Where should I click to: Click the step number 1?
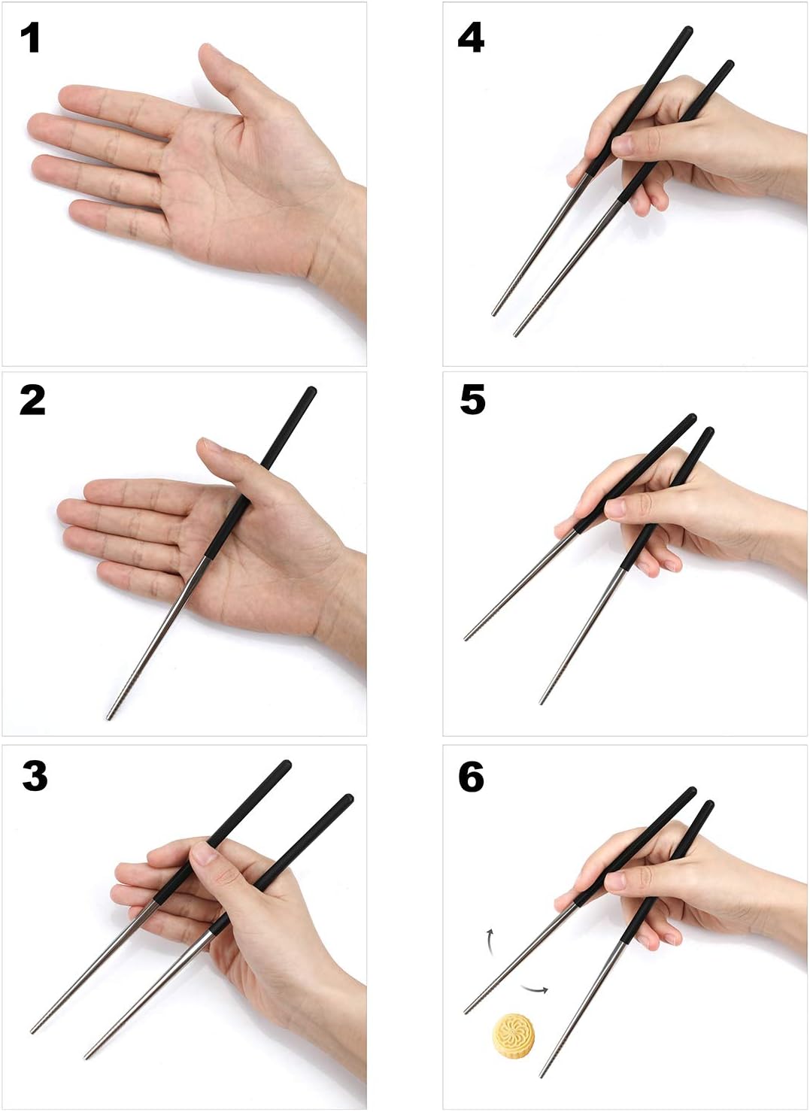coord(31,39)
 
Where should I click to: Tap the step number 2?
coord(32,401)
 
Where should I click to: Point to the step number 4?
coord(471,39)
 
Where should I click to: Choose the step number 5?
coord(472,400)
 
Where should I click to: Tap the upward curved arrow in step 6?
coord(489,941)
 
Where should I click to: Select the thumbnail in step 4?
coord(622,145)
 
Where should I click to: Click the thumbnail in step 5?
coord(615,508)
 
